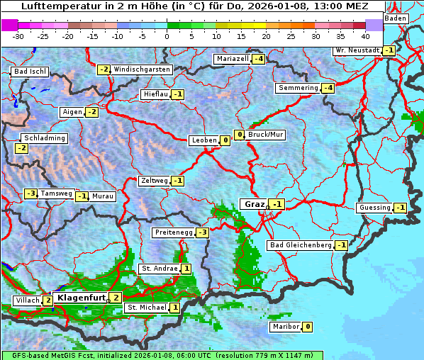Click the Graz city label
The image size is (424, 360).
(254, 204)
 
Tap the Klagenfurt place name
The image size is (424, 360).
(80, 298)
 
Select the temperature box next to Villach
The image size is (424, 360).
(48, 300)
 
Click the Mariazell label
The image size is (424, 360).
(233, 59)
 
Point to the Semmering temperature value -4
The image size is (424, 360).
(327, 88)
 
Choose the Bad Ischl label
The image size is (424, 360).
(30, 72)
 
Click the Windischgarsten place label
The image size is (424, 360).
(142, 69)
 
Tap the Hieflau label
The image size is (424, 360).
(155, 94)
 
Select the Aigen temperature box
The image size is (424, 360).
(91, 112)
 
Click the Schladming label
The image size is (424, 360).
(45, 138)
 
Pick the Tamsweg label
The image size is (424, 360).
(56, 193)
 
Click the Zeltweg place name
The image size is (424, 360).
(154, 181)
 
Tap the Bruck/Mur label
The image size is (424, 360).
(265, 135)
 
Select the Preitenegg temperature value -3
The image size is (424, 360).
(203, 232)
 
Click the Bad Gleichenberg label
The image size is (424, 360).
(300, 245)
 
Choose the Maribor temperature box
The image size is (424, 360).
(307, 327)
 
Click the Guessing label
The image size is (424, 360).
(374, 208)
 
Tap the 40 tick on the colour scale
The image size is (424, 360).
(365, 35)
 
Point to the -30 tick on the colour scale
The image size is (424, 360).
(18, 35)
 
